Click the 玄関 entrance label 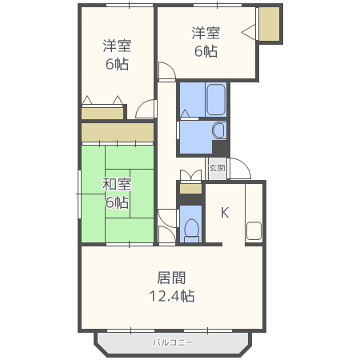216,169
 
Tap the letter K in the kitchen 225,213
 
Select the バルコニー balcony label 174,342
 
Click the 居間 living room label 171,278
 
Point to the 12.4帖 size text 171,296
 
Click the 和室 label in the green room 117,185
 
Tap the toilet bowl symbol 190,230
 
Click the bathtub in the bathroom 215,100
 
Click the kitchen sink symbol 254,231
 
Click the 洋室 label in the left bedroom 118,46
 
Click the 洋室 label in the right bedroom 206,34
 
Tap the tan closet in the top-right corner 270,24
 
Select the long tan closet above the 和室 117,132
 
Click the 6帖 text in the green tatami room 117,202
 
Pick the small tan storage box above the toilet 190,189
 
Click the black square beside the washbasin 220,148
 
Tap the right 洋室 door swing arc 166,72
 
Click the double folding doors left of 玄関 190,175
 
